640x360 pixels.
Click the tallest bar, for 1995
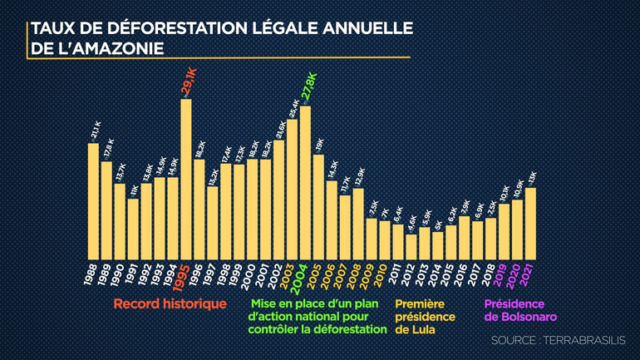(186, 179)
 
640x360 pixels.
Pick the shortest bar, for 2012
(411, 246)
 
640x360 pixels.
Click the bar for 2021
(530, 223)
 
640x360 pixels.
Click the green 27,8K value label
(307, 88)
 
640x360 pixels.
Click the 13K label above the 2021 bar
(531, 177)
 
